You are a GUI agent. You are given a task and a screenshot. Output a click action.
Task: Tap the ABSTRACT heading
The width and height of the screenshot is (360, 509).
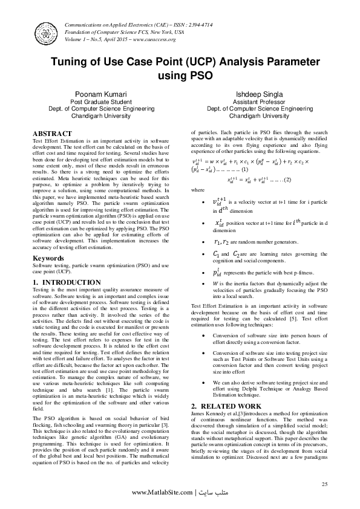point(52,133)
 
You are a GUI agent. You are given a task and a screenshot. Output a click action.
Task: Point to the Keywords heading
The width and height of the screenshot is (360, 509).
point(48,258)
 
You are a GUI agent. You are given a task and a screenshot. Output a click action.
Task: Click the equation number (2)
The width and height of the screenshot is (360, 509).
point(287,180)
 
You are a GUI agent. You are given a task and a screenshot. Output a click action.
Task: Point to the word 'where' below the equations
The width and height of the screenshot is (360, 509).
point(198,189)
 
